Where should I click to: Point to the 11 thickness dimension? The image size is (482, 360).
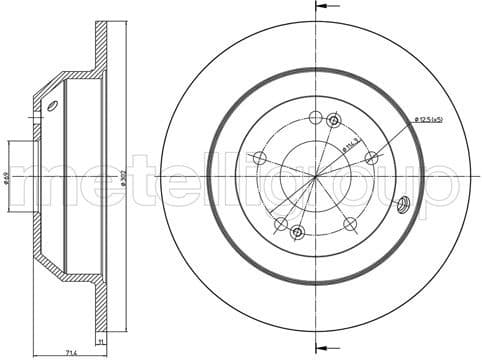(101, 341)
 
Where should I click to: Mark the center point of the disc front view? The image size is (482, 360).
(316, 177)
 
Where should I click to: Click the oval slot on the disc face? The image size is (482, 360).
(404, 205)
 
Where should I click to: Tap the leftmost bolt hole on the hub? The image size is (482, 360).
(259, 158)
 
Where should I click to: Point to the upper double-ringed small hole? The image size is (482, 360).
(334, 122)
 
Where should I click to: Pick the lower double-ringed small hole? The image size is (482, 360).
(297, 233)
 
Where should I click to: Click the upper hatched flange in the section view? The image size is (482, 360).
(101, 45)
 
